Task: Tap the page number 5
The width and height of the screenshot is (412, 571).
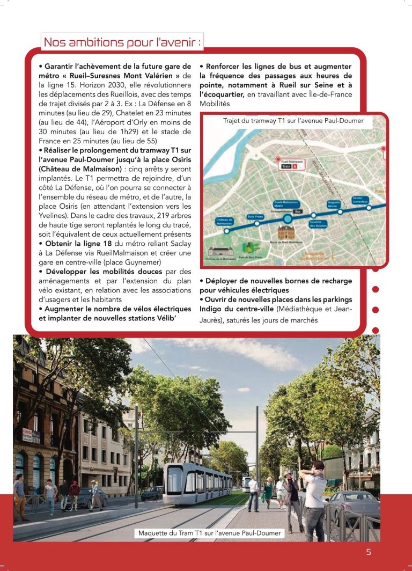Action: (369, 552)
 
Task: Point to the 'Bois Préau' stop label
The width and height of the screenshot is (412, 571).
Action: (254, 216)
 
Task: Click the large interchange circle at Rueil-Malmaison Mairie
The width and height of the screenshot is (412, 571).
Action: (288, 218)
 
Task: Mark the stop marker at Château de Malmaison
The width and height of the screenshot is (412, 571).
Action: (226, 230)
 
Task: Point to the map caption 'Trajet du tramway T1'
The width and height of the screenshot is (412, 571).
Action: (293, 121)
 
